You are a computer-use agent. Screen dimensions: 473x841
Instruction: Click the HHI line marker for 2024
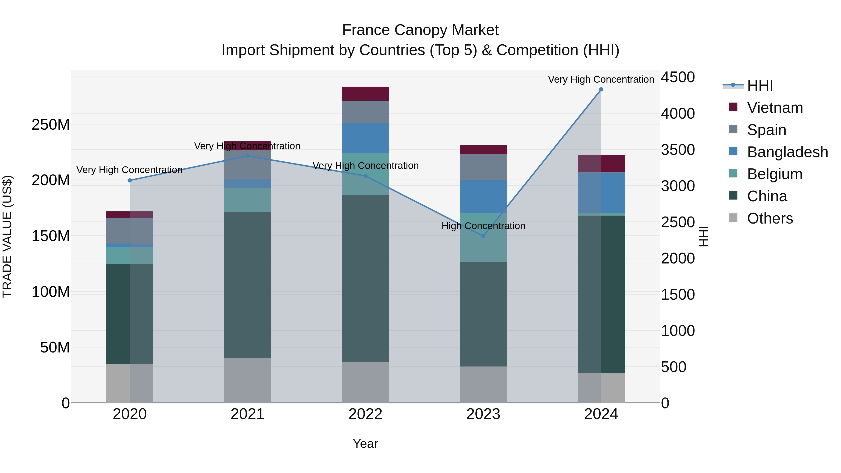tap(601, 89)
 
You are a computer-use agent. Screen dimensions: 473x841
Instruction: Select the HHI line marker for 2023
tap(484, 236)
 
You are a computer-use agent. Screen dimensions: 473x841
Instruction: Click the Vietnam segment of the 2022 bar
tap(365, 94)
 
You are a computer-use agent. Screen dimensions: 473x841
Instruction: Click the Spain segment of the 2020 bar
tap(130, 231)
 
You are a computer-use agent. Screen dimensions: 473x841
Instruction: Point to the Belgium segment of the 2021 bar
tap(247, 200)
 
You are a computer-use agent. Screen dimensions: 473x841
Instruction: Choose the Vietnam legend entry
tap(775, 108)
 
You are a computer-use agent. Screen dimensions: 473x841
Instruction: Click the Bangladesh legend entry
tap(787, 152)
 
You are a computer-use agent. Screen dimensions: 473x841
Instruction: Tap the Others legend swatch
tap(733, 218)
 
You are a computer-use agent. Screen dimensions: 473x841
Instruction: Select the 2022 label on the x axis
tap(365, 414)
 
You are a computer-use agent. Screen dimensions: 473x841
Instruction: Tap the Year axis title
tap(365, 444)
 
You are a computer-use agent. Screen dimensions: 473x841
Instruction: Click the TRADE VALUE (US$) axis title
tap(7, 236)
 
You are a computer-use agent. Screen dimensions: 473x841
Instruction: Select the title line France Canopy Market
tap(420, 30)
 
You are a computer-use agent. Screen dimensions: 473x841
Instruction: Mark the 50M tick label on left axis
tap(55, 348)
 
